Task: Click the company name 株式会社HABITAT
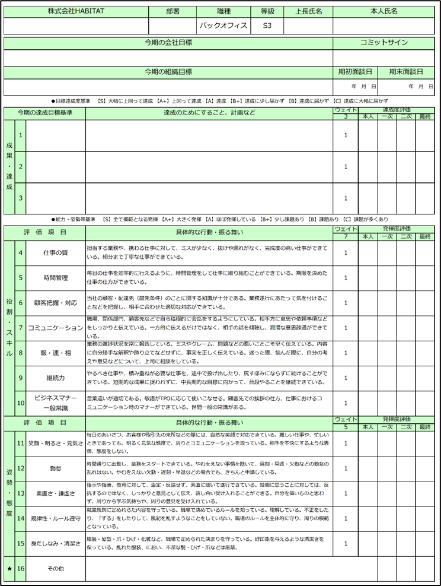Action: [x=75, y=11]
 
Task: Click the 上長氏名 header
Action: [x=308, y=11]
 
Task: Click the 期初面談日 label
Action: [x=354, y=72]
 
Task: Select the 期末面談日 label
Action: [x=406, y=72]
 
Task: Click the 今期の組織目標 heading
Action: [x=168, y=72]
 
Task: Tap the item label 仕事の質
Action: [x=56, y=253]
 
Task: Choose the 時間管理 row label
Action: [x=56, y=277]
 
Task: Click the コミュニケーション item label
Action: [x=56, y=328]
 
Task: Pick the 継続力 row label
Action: [x=56, y=378]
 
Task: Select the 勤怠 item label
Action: [x=56, y=468]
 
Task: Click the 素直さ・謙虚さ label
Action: [x=56, y=493]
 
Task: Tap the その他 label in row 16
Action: [x=56, y=569]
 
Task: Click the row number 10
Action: [x=20, y=403]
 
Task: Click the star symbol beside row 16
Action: [x=9, y=569]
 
